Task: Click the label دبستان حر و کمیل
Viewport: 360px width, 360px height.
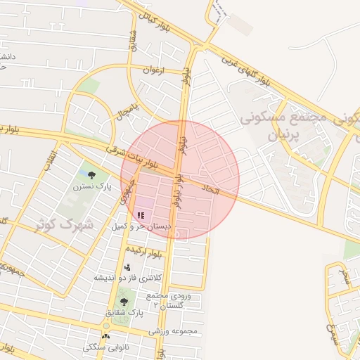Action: click(141, 227)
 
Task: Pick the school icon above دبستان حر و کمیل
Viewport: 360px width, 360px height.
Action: click(141, 216)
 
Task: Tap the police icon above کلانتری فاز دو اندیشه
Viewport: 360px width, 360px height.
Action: click(127, 267)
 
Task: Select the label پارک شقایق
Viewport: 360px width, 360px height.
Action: click(127, 311)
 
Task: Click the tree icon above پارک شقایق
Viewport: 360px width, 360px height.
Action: click(124, 302)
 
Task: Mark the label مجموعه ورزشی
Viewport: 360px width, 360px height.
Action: click(174, 330)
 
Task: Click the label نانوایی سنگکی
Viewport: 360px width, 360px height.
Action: click(105, 347)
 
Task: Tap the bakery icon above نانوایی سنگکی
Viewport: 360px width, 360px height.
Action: click(105, 337)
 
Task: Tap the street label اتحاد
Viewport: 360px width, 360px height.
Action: click(211, 189)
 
